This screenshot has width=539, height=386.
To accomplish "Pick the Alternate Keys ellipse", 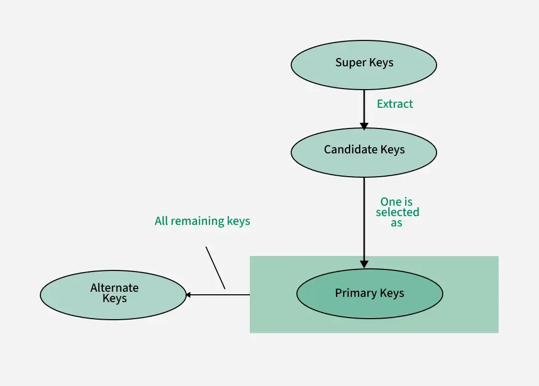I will (113, 306).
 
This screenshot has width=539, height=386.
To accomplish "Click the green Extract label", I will (395, 104).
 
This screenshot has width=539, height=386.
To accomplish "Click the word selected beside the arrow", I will (397, 212).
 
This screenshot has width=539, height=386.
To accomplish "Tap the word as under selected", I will (397, 223).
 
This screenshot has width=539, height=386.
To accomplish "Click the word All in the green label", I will (161, 221).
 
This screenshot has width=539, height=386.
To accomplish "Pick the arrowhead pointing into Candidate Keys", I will (364, 126).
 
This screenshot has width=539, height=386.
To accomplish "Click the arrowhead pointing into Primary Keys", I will (364, 264).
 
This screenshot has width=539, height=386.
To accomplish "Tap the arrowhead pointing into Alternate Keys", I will (189, 295).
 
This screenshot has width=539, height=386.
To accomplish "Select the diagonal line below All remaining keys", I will (215, 267).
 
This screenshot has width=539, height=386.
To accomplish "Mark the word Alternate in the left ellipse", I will (114, 288).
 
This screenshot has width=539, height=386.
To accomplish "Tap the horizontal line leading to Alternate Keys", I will (220, 295).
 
